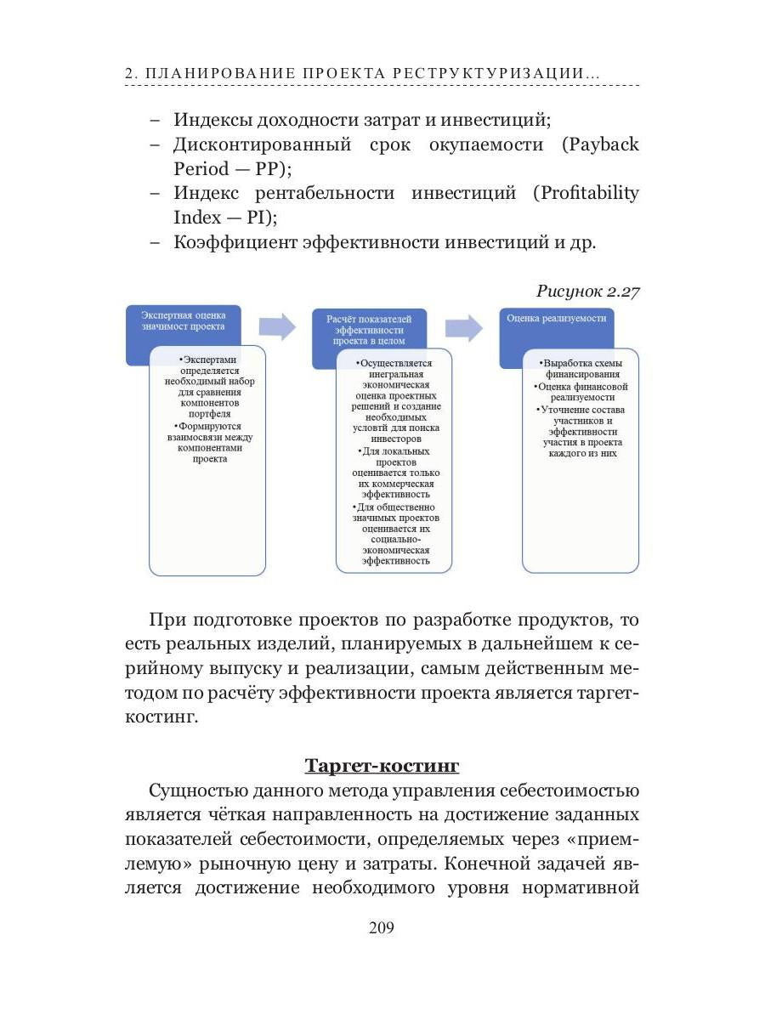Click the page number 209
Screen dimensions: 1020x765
(x=382, y=927)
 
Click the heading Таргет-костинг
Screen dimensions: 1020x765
(x=382, y=766)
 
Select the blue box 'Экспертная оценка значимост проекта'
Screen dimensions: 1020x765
(x=183, y=320)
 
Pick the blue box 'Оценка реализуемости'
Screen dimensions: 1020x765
(x=556, y=319)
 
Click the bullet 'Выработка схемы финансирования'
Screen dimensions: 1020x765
(x=581, y=368)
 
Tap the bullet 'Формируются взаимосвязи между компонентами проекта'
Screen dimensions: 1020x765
(x=208, y=442)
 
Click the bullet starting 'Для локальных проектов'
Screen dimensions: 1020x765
(x=394, y=473)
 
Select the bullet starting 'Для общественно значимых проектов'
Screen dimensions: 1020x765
(x=394, y=534)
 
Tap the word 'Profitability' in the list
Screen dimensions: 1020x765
(x=586, y=193)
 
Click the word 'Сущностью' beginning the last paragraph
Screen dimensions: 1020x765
(x=200, y=791)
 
